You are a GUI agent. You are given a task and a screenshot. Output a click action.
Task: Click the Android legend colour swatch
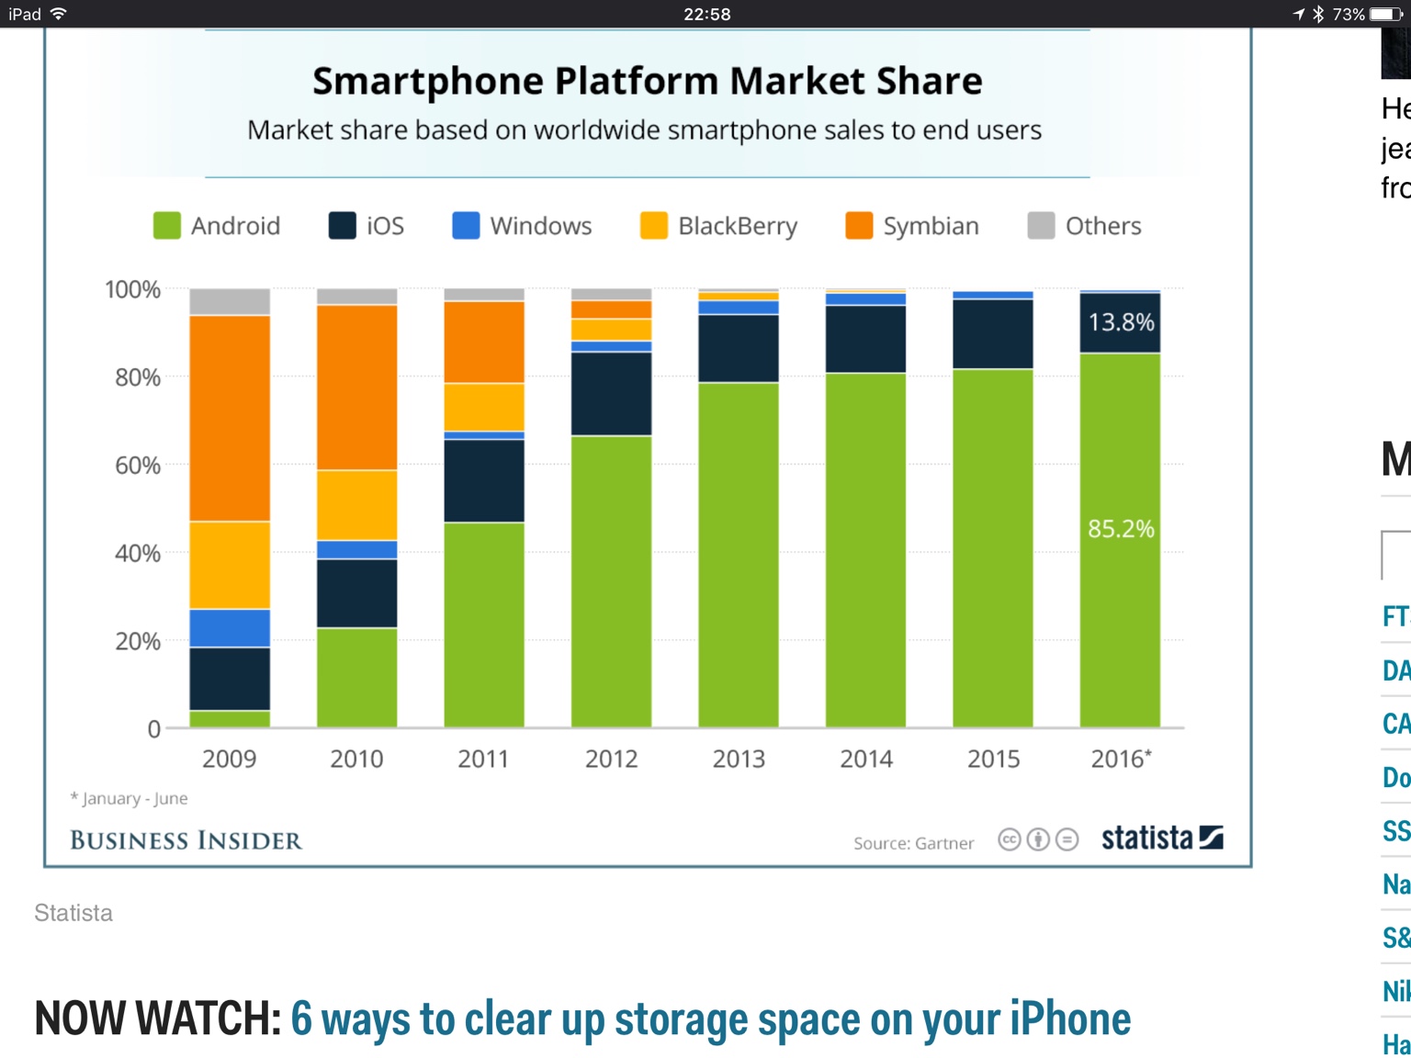click(166, 226)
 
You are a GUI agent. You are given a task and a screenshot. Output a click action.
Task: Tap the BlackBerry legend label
click(737, 226)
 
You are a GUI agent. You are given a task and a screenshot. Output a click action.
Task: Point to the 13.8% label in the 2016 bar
click(1121, 322)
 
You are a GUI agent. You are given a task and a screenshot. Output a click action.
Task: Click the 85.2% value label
click(1121, 529)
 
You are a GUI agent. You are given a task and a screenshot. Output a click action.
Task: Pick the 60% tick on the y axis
click(138, 466)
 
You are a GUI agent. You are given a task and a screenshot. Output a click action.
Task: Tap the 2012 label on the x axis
click(611, 759)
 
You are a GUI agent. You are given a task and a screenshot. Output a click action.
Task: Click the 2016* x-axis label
click(1121, 759)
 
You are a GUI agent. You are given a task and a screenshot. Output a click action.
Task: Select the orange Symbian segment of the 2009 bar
click(230, 418)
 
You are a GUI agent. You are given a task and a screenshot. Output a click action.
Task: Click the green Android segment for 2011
click(484, 625)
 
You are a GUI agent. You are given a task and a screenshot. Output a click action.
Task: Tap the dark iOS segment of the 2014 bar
click(865, 338)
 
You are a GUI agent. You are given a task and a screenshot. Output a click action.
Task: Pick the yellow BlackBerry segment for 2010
click(356, 505)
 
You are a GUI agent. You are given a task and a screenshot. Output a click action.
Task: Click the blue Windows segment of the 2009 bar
click(230, 628)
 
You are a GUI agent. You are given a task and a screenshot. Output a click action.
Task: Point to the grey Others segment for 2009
click(230, 302)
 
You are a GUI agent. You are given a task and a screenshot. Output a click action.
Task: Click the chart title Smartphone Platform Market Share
click(647, 81)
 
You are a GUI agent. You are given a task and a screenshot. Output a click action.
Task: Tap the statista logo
click(1161, 838)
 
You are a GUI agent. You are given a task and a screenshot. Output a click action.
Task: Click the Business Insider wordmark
click(186, 840)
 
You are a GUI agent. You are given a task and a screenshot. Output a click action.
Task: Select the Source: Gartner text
click(913, 843)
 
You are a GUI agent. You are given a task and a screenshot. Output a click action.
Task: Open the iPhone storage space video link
click(710, 1019)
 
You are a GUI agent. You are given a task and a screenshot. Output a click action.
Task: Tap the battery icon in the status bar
click(1386, 14)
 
